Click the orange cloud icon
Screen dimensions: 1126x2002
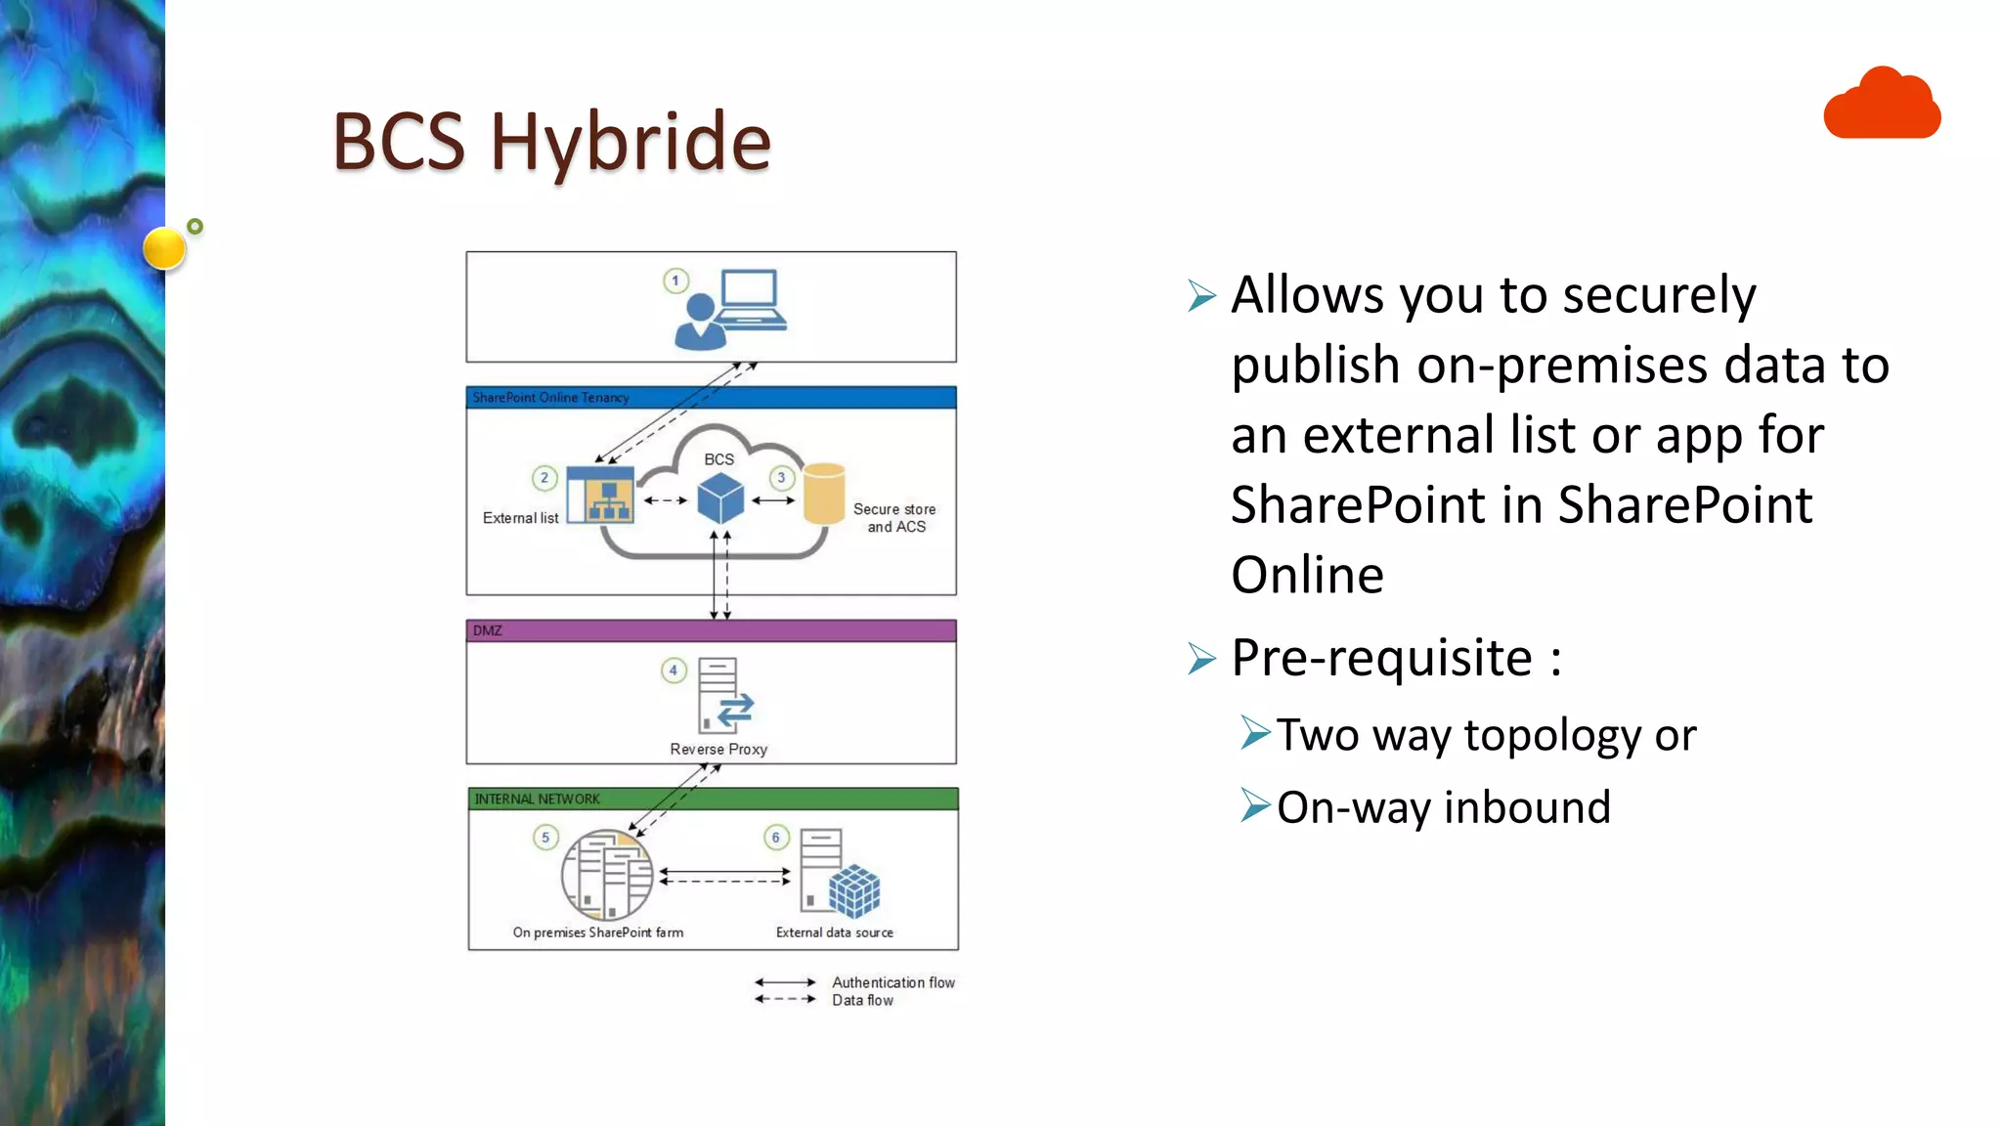tap(1882, 105)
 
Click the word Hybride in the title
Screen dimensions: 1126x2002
tap(631, 142)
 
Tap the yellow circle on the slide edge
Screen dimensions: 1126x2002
tap(164, 247)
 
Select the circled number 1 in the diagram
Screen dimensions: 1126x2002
tap(675, 281)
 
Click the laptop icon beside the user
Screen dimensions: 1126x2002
tap(751, 300)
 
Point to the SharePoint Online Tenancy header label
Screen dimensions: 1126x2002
tap(550, 398)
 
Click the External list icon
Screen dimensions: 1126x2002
tap(601, 495)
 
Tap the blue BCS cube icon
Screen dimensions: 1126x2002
tap(720, 498)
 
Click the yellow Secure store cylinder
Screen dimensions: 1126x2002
tap(824, 494)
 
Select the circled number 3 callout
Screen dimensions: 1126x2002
tap(781, 478)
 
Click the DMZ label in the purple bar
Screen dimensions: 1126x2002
tap(488, 630)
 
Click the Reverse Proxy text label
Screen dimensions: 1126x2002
tap(718, 750)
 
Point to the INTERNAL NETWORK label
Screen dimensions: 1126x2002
tap(537, 800)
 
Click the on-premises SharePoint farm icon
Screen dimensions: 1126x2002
tap(607, 875)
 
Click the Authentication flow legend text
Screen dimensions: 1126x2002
tap(893, 982)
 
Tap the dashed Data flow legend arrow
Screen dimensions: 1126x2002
tap(785, 999)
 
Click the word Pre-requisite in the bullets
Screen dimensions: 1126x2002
tap(1381, 658)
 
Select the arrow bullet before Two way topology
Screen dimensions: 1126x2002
tap(1255, 732)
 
